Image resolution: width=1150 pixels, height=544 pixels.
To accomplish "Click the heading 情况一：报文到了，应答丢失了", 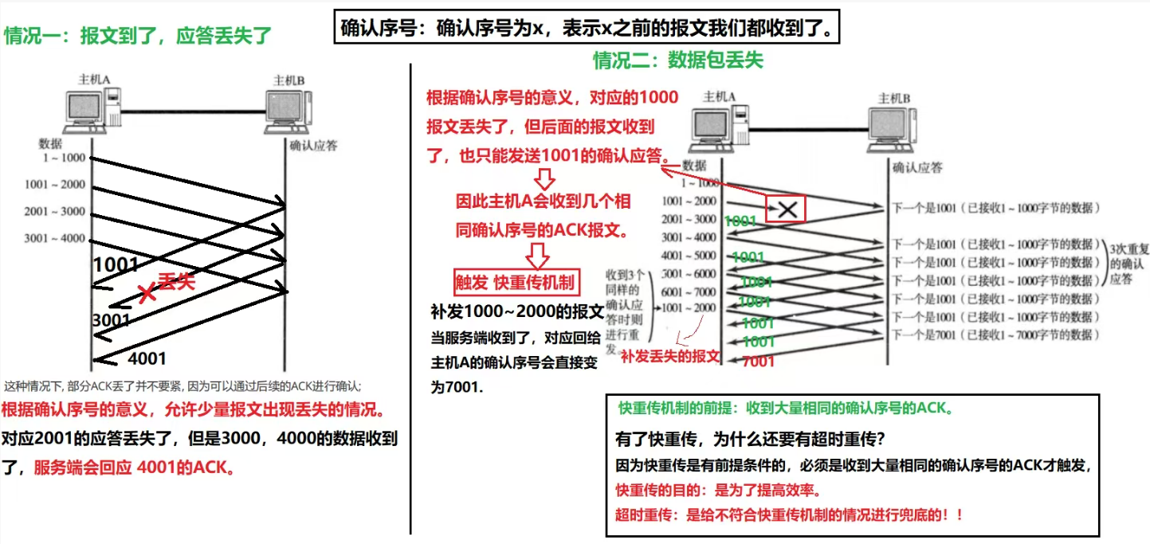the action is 138,36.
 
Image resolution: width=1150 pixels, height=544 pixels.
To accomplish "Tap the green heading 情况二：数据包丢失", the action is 677,61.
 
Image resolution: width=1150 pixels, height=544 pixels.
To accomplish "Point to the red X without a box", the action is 147,293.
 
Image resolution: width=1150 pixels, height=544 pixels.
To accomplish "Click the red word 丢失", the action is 176,281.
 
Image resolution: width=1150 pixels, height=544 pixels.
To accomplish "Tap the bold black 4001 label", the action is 147,358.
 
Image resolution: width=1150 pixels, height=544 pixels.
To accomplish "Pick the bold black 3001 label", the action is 111,320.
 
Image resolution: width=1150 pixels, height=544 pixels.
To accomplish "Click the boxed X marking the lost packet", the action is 787,209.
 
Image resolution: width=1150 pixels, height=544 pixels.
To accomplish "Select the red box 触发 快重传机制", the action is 514,282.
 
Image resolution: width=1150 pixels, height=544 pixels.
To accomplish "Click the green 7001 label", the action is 758,362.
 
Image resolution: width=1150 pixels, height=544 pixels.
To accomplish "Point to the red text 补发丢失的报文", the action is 669,355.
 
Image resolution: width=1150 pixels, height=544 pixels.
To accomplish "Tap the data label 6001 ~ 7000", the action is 688,292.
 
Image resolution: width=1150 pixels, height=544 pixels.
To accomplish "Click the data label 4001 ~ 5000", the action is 688,256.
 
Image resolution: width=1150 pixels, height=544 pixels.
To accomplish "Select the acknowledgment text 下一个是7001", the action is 995,335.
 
